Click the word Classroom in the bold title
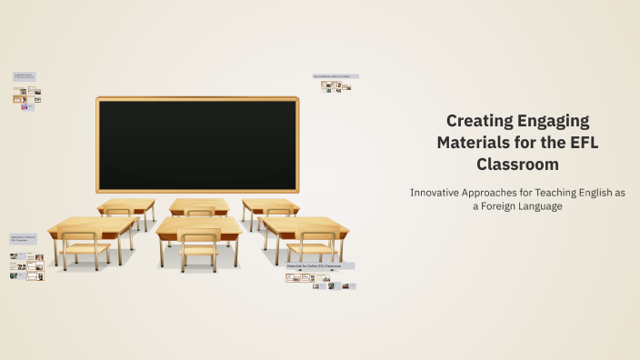pyautogui.click(x=517, y=165)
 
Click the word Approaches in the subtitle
pyautogui.click(x=508, y=193)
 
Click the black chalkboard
pyautogui.click(x=197, y=145)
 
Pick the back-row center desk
pyautogui.click(x=199, y=205)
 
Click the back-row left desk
pyautogui.click(x=126, y=205)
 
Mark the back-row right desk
pyautogui.click(x=270, y=205)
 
